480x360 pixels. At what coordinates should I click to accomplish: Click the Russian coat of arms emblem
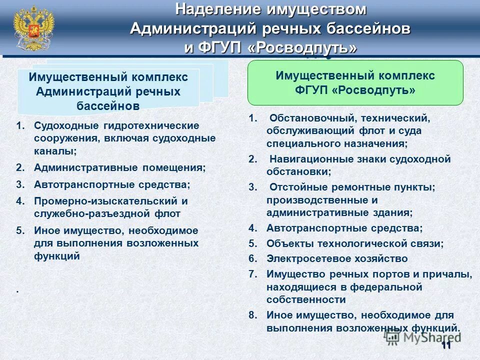tap(33, 27)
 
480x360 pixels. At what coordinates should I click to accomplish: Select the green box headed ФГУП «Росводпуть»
tap(355, 83)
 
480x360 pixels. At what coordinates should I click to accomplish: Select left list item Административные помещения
tap(119, 167)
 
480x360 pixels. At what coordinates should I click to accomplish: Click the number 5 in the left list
tap(18, 231)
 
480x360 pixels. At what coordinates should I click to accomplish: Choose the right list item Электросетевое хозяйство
tap(337, 258)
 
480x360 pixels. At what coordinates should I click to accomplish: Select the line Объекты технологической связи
tap(355, 243)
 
